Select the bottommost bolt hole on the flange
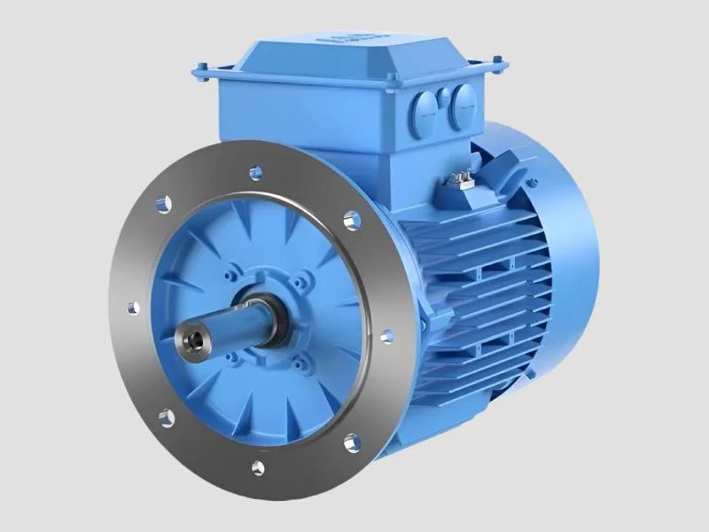(x=258, y=466)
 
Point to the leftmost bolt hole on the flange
(x=134, y=308)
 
